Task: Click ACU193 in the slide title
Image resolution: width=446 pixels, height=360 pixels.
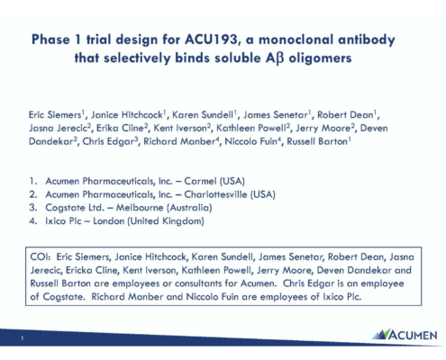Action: click(211, 40)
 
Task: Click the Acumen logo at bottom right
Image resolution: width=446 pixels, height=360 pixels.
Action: click(405, 335)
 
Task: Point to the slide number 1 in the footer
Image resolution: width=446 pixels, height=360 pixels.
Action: click(22, 338)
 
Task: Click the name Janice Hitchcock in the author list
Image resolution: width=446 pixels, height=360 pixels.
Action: click(127, 115)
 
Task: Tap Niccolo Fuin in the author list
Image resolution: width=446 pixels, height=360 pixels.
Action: click(250, 141)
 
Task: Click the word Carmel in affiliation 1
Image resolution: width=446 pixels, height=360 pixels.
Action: click(200, 181)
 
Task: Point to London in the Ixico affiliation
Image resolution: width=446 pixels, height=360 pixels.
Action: click(108, 221)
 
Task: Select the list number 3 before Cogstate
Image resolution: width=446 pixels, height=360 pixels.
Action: click(32, 208)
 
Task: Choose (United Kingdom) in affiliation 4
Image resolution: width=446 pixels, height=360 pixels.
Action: click(166, 221)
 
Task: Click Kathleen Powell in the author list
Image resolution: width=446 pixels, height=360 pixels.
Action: click(250, 128)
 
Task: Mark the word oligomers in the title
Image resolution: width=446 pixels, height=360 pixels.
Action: click(320, 58)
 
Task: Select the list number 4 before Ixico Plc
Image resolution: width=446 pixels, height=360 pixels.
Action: click(32, 221)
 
